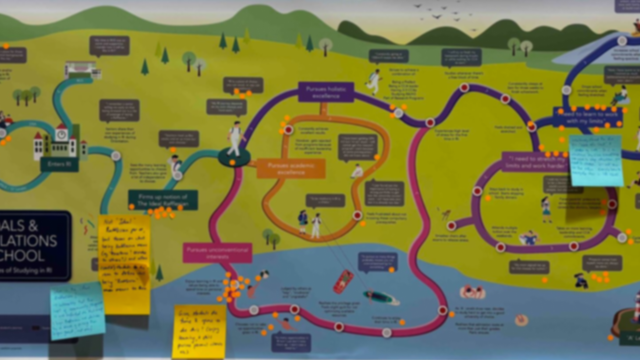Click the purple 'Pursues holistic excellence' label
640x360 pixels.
pos(326,92)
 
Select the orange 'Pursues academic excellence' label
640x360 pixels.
pos(291,169)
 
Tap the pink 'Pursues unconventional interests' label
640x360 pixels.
pos(217,253)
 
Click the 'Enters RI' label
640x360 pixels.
pos(59,164)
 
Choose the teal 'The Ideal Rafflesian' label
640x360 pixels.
pos(163,200)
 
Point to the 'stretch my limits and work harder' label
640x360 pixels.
pos(536,162)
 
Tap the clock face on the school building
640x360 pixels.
pos(62,135)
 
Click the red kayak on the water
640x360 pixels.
pos(343,282)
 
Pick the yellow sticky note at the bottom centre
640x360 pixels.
pos(199,331)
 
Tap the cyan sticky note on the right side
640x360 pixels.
pos(596,160)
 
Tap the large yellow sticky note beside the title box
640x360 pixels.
pos(124,263)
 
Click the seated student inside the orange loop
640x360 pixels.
pos(357,171)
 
